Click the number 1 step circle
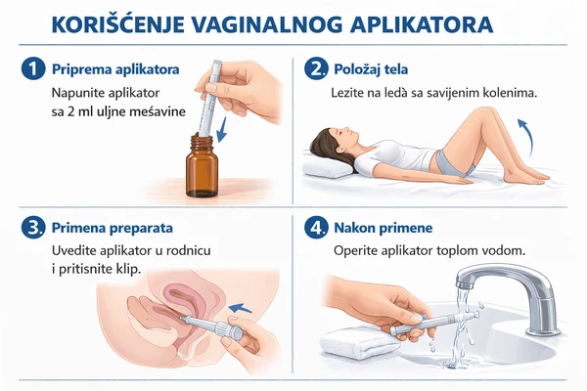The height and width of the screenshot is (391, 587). (x=33, y=69)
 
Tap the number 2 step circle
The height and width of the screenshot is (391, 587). (x=316, y=69)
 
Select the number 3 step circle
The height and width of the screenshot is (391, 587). (x=33, y=228)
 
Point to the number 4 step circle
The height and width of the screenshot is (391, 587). (x=316, y=228)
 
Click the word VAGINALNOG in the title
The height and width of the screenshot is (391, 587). (x=267, y=25)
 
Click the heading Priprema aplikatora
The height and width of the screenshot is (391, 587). (x=115, y=69)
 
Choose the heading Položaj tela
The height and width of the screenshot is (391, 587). (x=371, y=69)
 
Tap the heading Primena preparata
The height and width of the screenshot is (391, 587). (x=113, y=228)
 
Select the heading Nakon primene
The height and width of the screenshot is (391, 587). (x=383, y=228)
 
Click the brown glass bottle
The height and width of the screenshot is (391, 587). (x=202, y=166)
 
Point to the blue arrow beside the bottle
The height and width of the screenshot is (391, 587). (x=222, y=129)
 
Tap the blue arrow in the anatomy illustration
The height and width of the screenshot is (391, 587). (x=240, y=308)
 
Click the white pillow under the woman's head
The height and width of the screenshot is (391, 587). (x=327, y=167)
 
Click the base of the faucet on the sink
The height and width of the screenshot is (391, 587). (x=543, y=330)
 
